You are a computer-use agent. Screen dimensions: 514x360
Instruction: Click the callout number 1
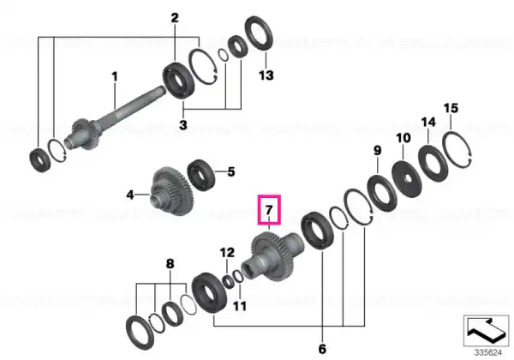point(115,77)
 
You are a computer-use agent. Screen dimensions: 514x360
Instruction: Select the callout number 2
point(175,18)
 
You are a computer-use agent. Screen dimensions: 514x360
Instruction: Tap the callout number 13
point(266,75)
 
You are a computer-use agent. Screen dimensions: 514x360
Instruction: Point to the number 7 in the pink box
point(269,209)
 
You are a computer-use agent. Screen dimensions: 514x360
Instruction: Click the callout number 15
point(451,108)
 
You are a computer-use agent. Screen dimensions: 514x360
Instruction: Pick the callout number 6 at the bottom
point(322,349)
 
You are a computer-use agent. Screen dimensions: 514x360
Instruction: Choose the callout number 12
point(227,253)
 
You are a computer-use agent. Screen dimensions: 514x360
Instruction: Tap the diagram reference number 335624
point(488,353)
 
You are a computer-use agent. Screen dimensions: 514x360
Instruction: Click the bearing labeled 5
point(200,175)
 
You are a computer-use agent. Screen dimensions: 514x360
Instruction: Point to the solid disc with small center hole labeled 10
point(407,178)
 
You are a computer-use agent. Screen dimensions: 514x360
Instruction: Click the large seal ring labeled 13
point(260,33)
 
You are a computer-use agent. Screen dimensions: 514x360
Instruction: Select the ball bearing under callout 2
point(179,80)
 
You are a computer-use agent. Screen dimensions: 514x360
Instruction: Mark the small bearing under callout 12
point(227,281)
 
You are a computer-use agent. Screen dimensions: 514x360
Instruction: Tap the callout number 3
point(183,125)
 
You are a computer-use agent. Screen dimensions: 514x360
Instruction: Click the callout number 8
point(170,264)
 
